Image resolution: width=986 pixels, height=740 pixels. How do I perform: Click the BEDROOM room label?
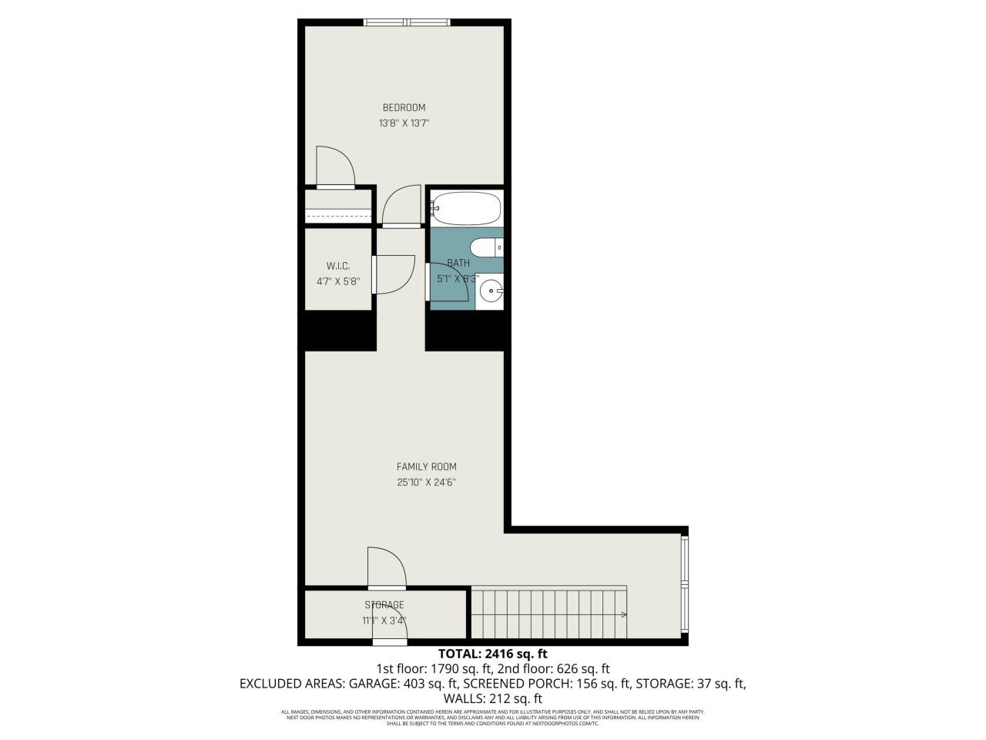click(404, 108)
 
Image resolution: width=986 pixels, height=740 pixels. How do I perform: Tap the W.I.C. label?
click(338, 266)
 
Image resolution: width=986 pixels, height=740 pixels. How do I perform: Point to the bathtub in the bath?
click(467, 207)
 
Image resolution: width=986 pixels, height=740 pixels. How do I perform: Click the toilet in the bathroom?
click(485, 247)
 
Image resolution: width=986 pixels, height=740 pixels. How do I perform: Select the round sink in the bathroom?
click(490, 291)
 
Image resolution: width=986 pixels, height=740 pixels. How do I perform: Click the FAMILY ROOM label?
click(426, 466)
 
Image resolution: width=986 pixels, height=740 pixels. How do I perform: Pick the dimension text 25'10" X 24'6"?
click(426, 483)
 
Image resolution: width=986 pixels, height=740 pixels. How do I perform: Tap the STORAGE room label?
click(384, 605)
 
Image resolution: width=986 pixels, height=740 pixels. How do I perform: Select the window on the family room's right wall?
click(686, 586)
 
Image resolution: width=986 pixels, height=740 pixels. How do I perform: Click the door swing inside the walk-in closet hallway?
click(394, 274)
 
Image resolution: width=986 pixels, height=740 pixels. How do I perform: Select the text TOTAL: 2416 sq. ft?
click(492, 654)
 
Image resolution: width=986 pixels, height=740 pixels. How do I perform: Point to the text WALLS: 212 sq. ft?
click(492, 698)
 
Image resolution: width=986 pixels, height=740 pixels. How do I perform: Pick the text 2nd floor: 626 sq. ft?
click(554, 668)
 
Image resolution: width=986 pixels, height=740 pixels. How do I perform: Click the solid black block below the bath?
click(468, 330)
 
